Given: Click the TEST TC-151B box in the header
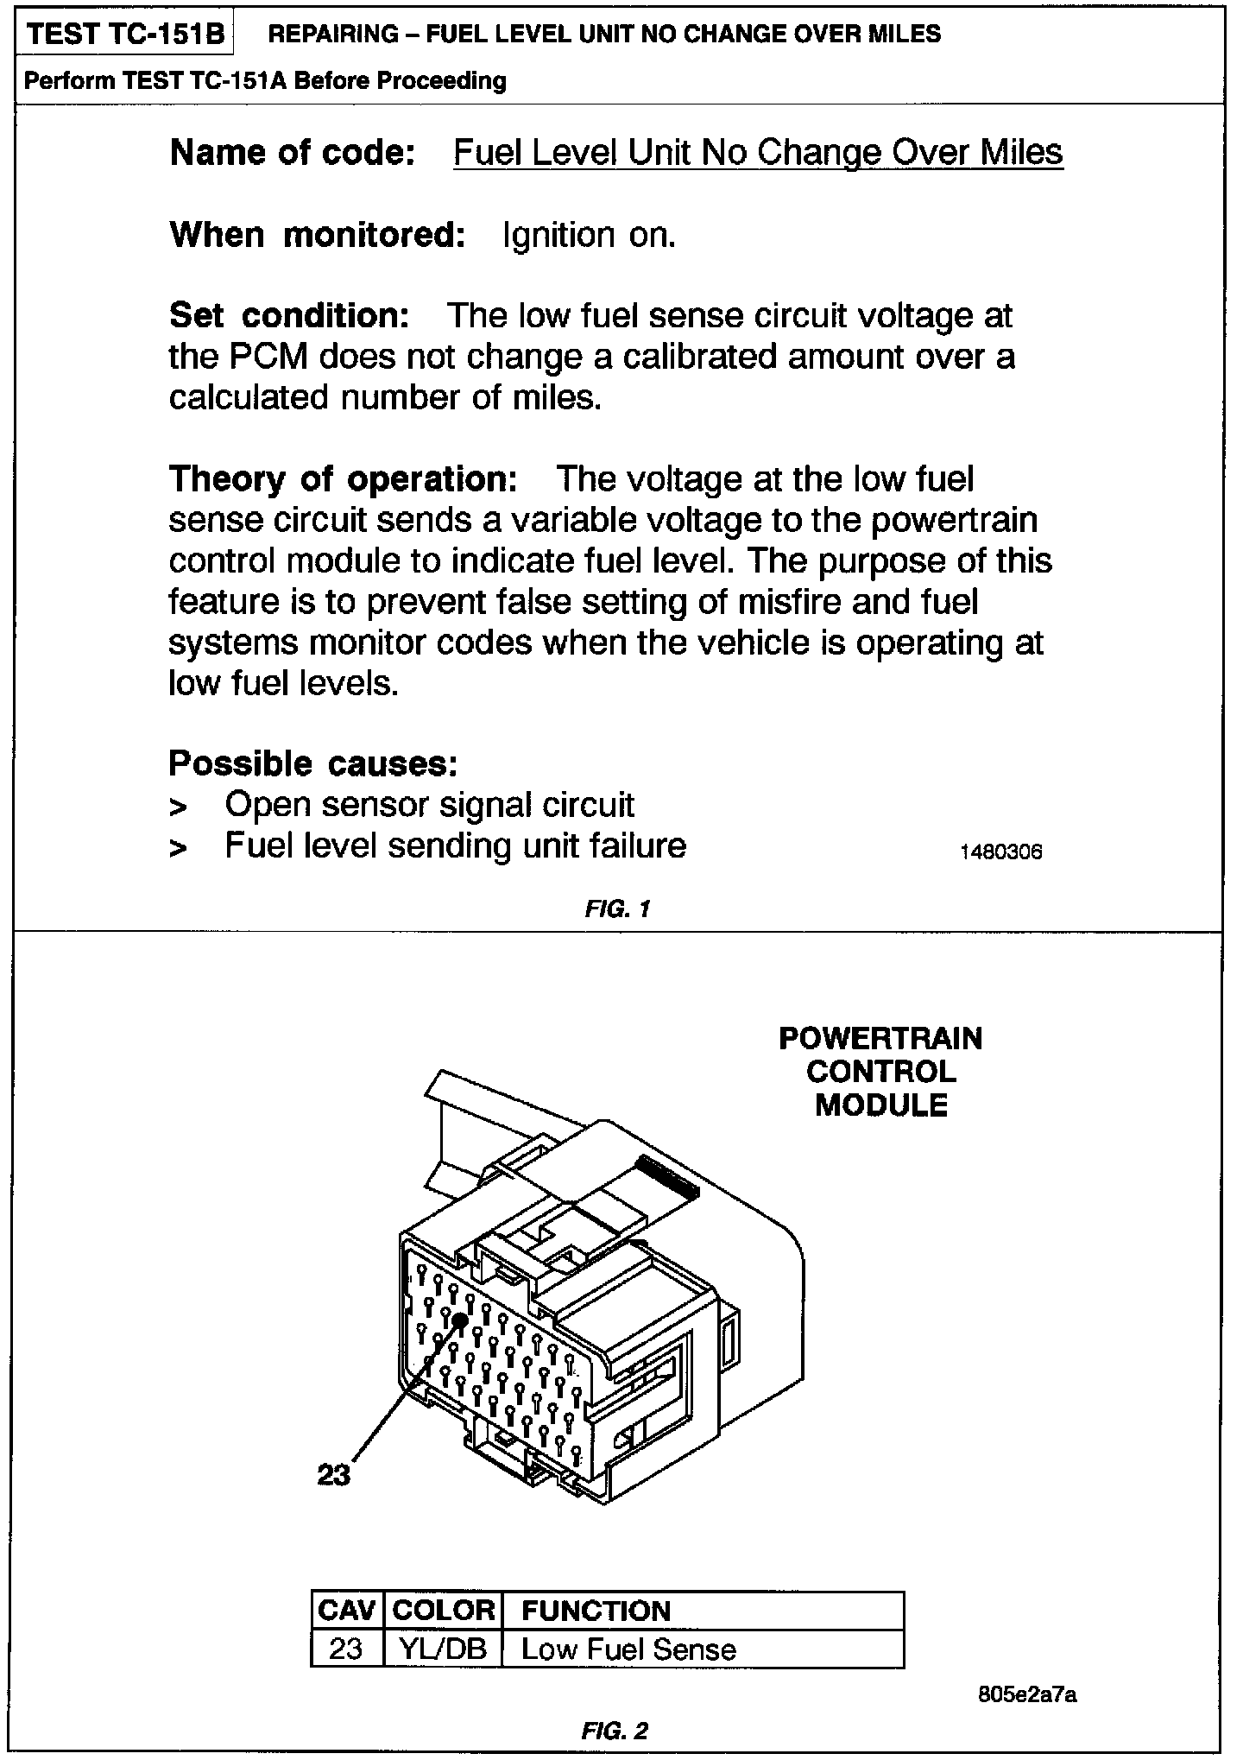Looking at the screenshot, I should (x=126, y=35).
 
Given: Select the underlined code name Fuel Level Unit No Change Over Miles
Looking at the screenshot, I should (x=758, y=153).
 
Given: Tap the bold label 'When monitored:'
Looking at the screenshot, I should (x=318, y=235).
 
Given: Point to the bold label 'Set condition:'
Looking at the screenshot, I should (x=289, y=315).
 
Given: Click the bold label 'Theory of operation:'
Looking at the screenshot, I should (x=343, y=478).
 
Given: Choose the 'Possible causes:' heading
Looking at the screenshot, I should (x=312, y=763).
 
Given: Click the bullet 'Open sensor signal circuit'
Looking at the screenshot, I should (x=429, y=805).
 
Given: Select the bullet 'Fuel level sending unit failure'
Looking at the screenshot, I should (x=455, y=845).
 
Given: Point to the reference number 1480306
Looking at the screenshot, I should (x=1001, y=852).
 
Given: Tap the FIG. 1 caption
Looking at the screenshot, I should (x=616, y=908).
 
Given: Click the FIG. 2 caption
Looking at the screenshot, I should (x=615, y=1730).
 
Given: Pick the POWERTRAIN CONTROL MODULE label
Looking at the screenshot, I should (x=880, y=1072).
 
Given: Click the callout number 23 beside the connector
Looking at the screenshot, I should (x=334, y=1474).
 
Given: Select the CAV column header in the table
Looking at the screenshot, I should (x=347, y=1611).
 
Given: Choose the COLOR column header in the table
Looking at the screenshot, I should (x=443, y=1611).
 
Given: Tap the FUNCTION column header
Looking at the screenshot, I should (x=596, y=1611).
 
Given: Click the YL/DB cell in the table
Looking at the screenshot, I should (x=443, y=1649).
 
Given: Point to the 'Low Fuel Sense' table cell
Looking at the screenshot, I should (x=628, y=1649).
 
